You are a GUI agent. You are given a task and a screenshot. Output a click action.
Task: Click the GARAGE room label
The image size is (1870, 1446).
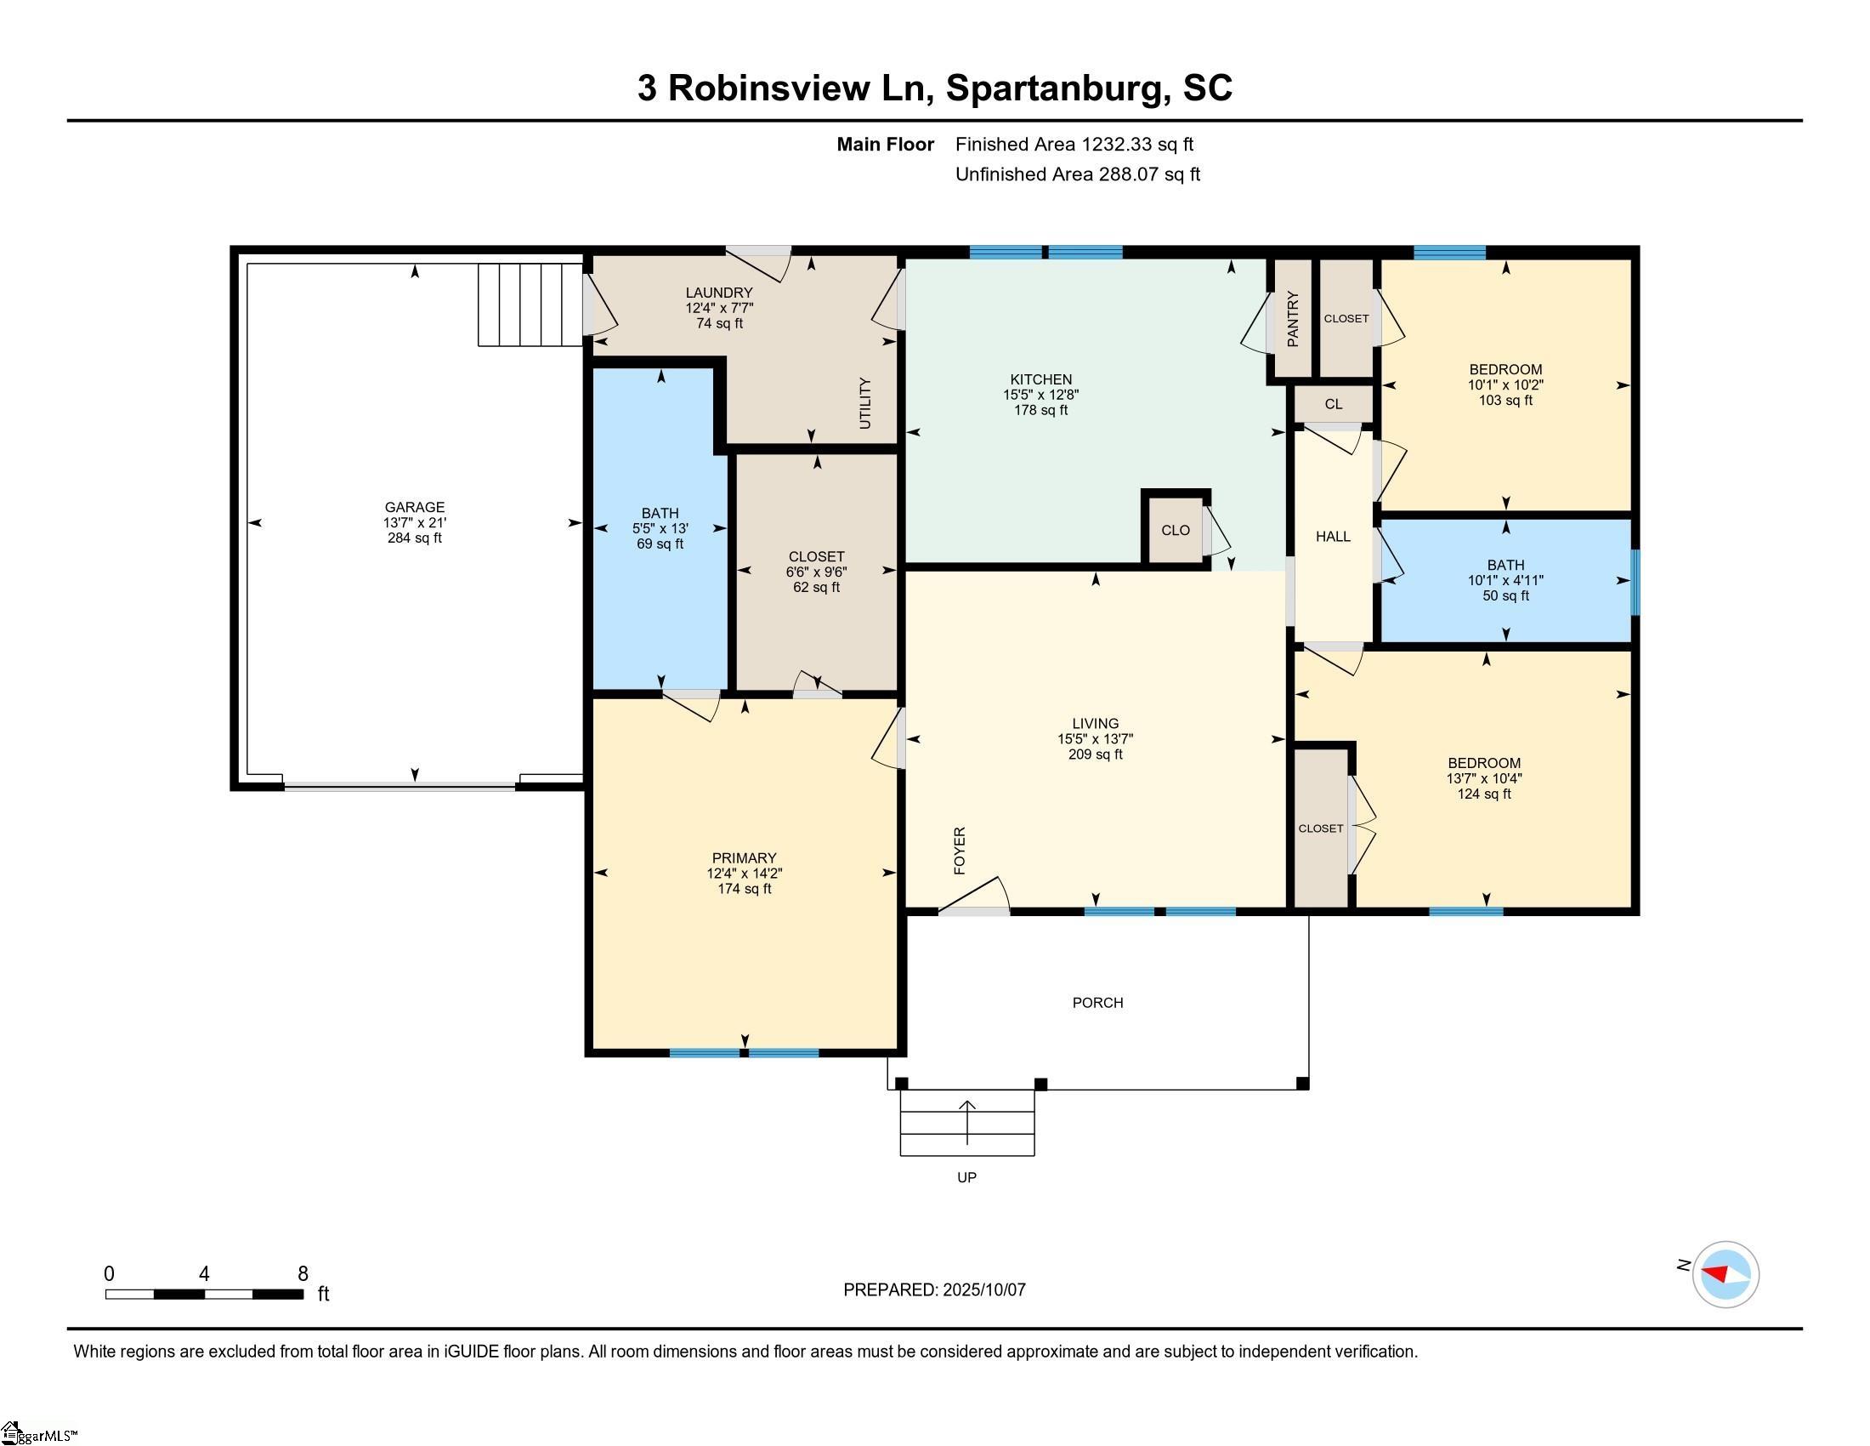click(x=415, y=507)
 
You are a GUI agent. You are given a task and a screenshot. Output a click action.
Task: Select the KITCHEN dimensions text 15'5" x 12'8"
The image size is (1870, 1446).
click(x=1040, y=395)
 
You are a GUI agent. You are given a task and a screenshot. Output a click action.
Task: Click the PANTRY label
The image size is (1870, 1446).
click(x=1293, y=319)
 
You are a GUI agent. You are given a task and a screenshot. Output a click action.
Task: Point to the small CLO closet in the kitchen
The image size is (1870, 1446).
click(x=1176, y=530)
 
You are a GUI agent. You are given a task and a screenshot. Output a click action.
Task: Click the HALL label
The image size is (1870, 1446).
click(x=1333, y=536)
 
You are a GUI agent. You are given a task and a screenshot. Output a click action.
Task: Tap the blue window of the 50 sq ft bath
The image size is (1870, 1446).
click(x=1635, y=582)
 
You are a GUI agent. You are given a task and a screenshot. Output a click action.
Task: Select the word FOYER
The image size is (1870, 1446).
click(x=960, y=851)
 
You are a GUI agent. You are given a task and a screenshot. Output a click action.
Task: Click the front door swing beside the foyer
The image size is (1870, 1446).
click(x=976, y=896)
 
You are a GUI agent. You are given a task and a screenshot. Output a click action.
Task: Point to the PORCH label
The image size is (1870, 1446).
click(x=1097, y=1002)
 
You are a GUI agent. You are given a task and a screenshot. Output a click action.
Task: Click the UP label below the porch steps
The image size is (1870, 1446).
click(x=966, y=1178)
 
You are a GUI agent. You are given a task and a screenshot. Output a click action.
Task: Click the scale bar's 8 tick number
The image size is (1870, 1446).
click(x=303, y=1274)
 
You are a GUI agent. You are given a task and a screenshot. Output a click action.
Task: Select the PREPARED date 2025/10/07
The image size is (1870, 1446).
click(x=983, y=1290)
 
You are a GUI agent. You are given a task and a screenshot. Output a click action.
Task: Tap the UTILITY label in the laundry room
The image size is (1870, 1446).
click(x=864, y=403)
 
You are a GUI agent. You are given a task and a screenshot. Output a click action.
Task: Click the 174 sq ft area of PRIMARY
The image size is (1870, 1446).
click(x=744, y=889)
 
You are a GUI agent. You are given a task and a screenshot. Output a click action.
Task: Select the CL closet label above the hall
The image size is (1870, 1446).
click(x=1333, y=404)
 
